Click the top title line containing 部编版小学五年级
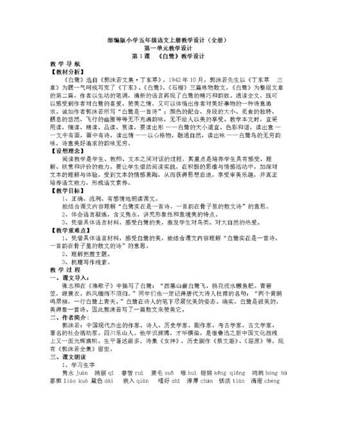[x=179, y=39]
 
